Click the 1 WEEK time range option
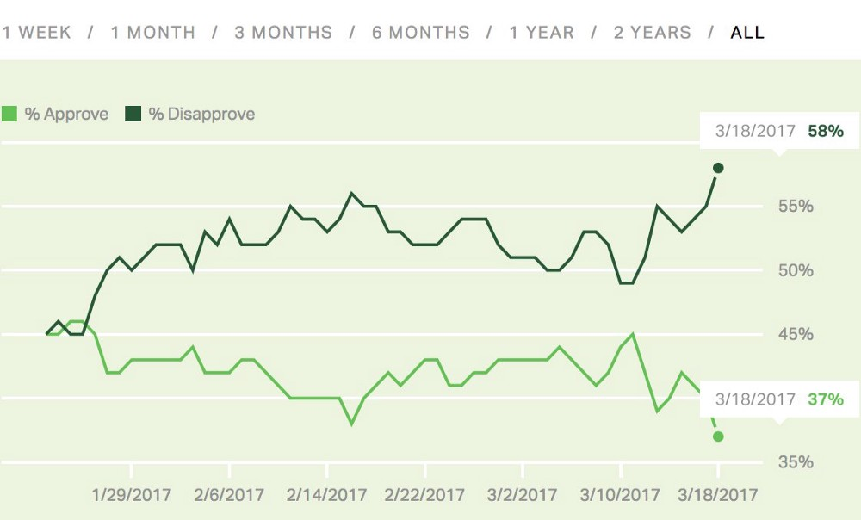pyautogui.click(x=35, y=33)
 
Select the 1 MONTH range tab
pyautogui.click(x=153, y=33)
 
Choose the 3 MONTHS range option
pyautogui.click(x=283, y=33)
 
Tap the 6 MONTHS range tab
pyautogui.click(x=421, y=33)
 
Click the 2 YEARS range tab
pyautogui.click(x=653, y=33)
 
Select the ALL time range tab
pyautogui.click(x=747, y=33)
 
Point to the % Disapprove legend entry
pyautogui.click(x=191, y=114)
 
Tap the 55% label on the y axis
pyautogui.click(x=796, y=207)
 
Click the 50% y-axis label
pyautogui.click(x=796, y=270)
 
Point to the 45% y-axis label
pyautogui.click(x=796, y=334)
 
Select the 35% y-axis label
pyautogui.click(x=796, y=462)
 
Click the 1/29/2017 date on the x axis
pyautogui.click(x=131, y=495)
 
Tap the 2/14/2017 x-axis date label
pyautogui.click(x=327, y=495)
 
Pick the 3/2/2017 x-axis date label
pyautogui.click(x=523, y=495)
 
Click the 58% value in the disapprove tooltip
pyautogui.click(x=826, y=132)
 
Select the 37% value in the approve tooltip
pyautogui.click(x=826, y=399)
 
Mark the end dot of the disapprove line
pyautogui.click(x=719, y=167)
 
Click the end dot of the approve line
pyautogui.click(x=719, y=436)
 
